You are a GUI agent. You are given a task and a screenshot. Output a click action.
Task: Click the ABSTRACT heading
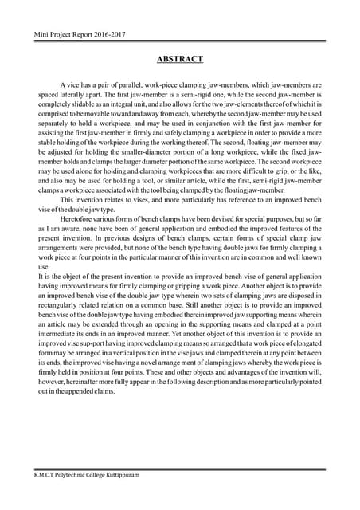[x=179, y=59]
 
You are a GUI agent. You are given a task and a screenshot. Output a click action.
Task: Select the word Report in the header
[x=80, y=35]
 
